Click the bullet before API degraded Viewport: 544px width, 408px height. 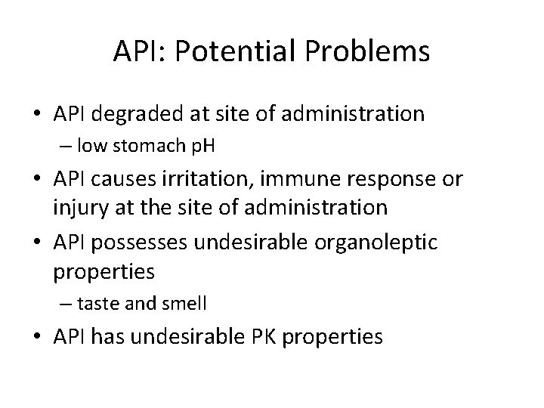tap(38, 115)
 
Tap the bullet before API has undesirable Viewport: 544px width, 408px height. tap(38, 337)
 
